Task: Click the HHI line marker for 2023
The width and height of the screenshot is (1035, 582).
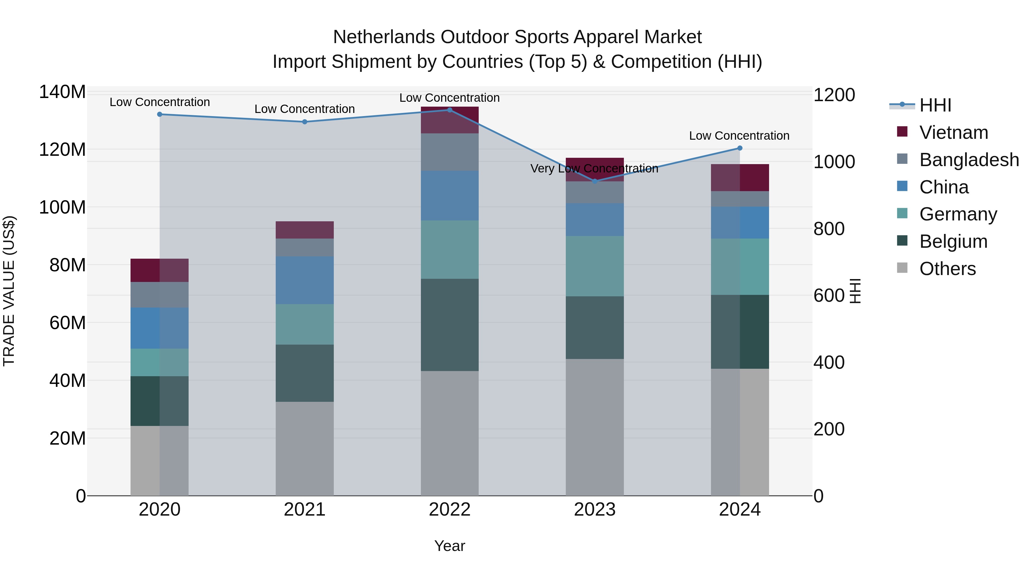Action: (x=595, y=181)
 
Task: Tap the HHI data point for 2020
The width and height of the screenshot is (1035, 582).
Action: (x=160, y=114)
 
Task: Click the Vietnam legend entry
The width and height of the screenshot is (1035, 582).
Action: (x=953, y=132)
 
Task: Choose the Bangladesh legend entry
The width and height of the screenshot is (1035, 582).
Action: (x=968, y=160)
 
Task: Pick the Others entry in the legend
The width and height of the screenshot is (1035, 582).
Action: (x=947, y=269)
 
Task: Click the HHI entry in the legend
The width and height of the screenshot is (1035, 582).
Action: (x=935, y=105)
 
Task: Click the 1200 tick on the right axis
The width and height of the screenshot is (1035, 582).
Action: (x=834, y=95)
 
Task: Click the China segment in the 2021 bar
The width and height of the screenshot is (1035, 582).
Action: (x=304, y=280)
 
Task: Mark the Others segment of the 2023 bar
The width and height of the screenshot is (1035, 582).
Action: (x=595, y=427)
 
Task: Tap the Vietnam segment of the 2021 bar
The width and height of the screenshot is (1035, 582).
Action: (x=304, y=230)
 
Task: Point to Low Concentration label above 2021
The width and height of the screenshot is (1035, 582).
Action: (x=304, y=109)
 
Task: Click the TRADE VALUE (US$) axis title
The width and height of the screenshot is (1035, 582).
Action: (x=9, y=291)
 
